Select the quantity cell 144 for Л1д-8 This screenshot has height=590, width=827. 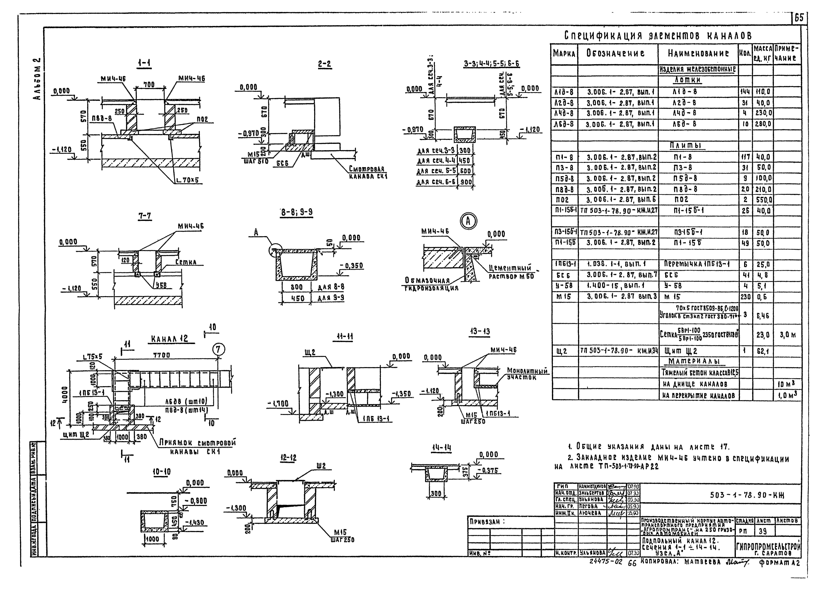(x=745, y=92)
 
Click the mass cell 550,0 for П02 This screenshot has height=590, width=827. (x=763, y=199)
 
